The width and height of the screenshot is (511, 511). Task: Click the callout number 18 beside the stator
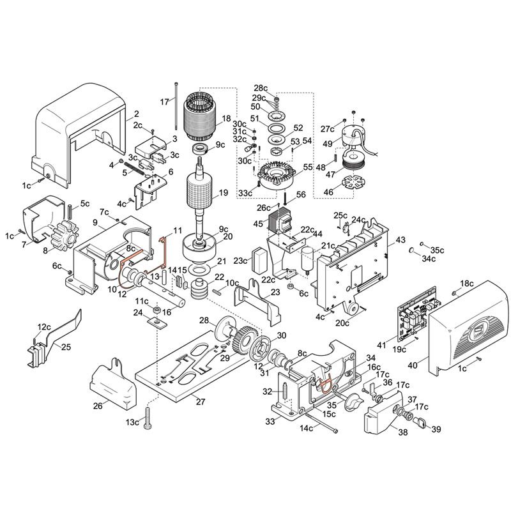(x=226, y=118)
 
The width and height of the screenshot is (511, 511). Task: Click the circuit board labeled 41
(x=416, y=314)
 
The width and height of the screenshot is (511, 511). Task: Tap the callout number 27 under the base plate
(x=200, y=401)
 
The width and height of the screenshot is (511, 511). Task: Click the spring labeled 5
(x=134, y=167)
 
